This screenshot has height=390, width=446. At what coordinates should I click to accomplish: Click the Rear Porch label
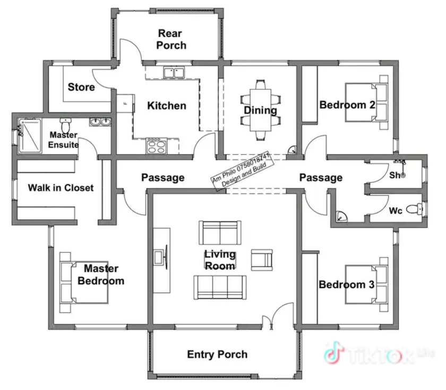coord(171,39)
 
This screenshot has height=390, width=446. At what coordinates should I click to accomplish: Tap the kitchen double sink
coord(174,72)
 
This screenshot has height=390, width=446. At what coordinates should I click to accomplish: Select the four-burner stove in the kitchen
coord(157,146)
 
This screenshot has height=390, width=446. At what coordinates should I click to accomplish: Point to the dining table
coord(260,110)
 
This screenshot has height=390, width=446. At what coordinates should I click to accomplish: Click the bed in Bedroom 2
coord(366,103)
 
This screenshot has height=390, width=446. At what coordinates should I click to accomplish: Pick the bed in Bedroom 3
coord(366,285)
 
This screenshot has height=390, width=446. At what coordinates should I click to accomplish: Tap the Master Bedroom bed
coord(84,282)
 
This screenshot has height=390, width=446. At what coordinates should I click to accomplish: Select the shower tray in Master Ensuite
coord(30,136)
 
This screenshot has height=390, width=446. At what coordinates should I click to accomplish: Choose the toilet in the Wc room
coord(414,209)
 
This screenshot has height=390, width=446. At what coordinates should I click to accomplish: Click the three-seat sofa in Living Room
coord(220,287)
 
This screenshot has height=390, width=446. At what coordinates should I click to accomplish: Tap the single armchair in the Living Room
coord(262,260)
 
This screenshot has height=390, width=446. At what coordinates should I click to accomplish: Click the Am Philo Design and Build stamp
coord(243,172)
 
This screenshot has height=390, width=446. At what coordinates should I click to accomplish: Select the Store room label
coord(81,87)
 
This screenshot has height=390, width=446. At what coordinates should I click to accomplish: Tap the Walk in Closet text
coord(61,188)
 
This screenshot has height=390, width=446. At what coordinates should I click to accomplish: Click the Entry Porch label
coord(217,355)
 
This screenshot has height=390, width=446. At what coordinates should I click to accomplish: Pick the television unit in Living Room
coord(162,260)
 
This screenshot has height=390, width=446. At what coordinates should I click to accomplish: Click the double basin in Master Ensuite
coord(100,122)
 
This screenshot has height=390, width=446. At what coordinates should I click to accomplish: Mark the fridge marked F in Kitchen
coord(125,103)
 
